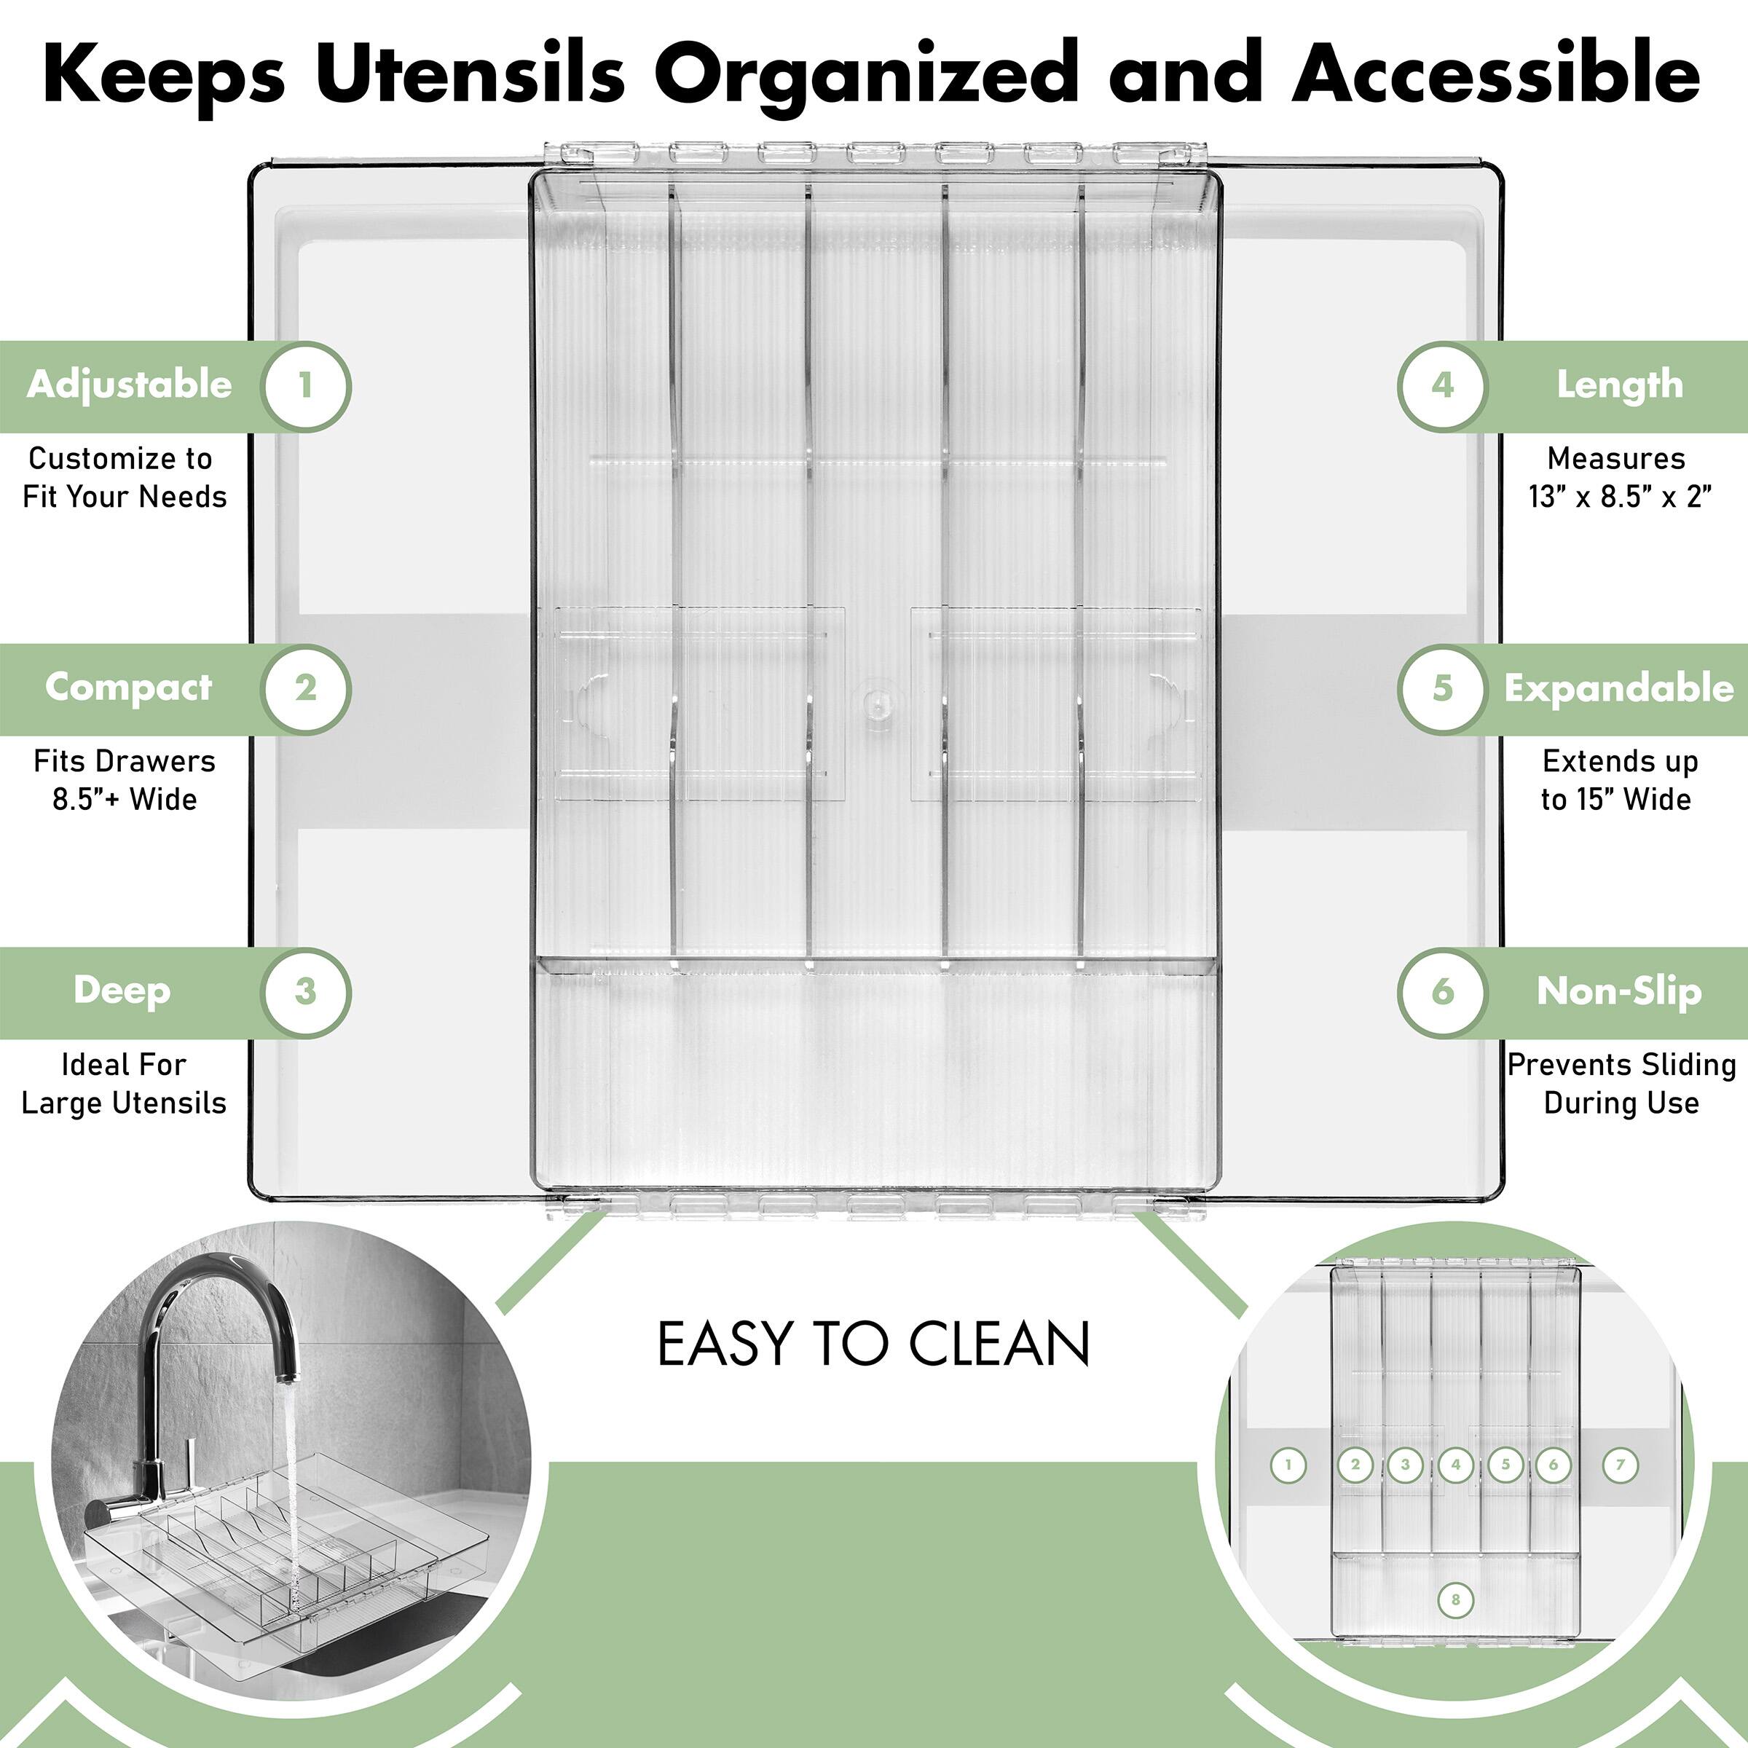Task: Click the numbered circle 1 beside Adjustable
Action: click(305, 386)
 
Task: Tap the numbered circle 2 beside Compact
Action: click(305, 688)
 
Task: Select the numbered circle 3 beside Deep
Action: click(305, 991)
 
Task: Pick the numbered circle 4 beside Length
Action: click(1442, 386)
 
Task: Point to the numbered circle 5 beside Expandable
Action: click(1442, 688)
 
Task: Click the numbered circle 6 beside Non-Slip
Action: click(1442, 991)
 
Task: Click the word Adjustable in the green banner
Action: click(130, 385)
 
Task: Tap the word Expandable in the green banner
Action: click(1618, 688)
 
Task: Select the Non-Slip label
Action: click(1618, 991)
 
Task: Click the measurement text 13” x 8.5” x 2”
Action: click(1621, 497)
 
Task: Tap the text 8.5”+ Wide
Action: click(125, 800)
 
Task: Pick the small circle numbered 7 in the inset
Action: click(1621, 1465)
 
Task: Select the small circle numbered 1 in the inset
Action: click(1288, 1465)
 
